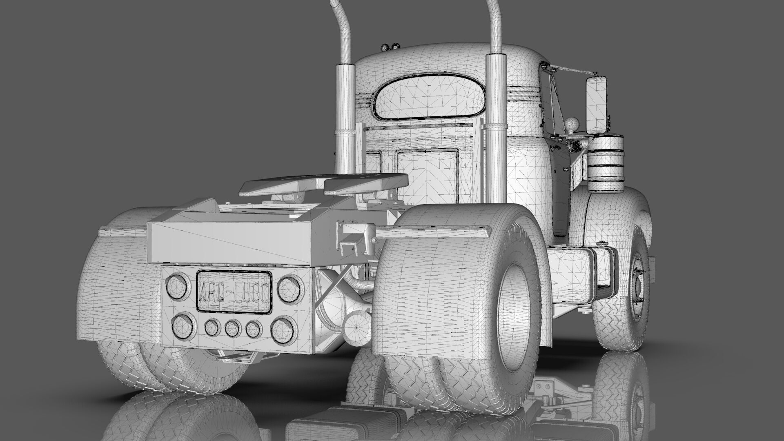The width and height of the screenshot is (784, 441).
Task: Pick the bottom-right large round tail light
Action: pyautogui.click(x=282, y=330)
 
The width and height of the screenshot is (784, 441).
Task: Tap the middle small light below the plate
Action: pyautogui.click(x=233, y=328)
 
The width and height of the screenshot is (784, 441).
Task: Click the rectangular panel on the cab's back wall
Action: pyautogui.click(x=427, y=171)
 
